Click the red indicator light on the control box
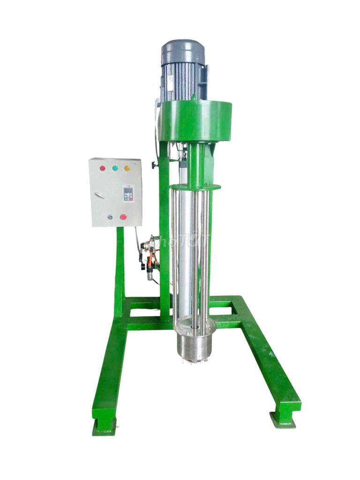pos(102,168)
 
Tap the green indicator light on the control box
pos(115,168)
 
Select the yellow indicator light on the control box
pos(127,168)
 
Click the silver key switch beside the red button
pos(110,217)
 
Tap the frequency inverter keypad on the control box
pos(128,193)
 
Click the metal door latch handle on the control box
pos(99,195)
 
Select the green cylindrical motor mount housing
pos(195,121)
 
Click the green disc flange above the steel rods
pos(195,187)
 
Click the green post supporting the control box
pos(120,267)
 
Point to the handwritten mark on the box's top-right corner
pos(134,163)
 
